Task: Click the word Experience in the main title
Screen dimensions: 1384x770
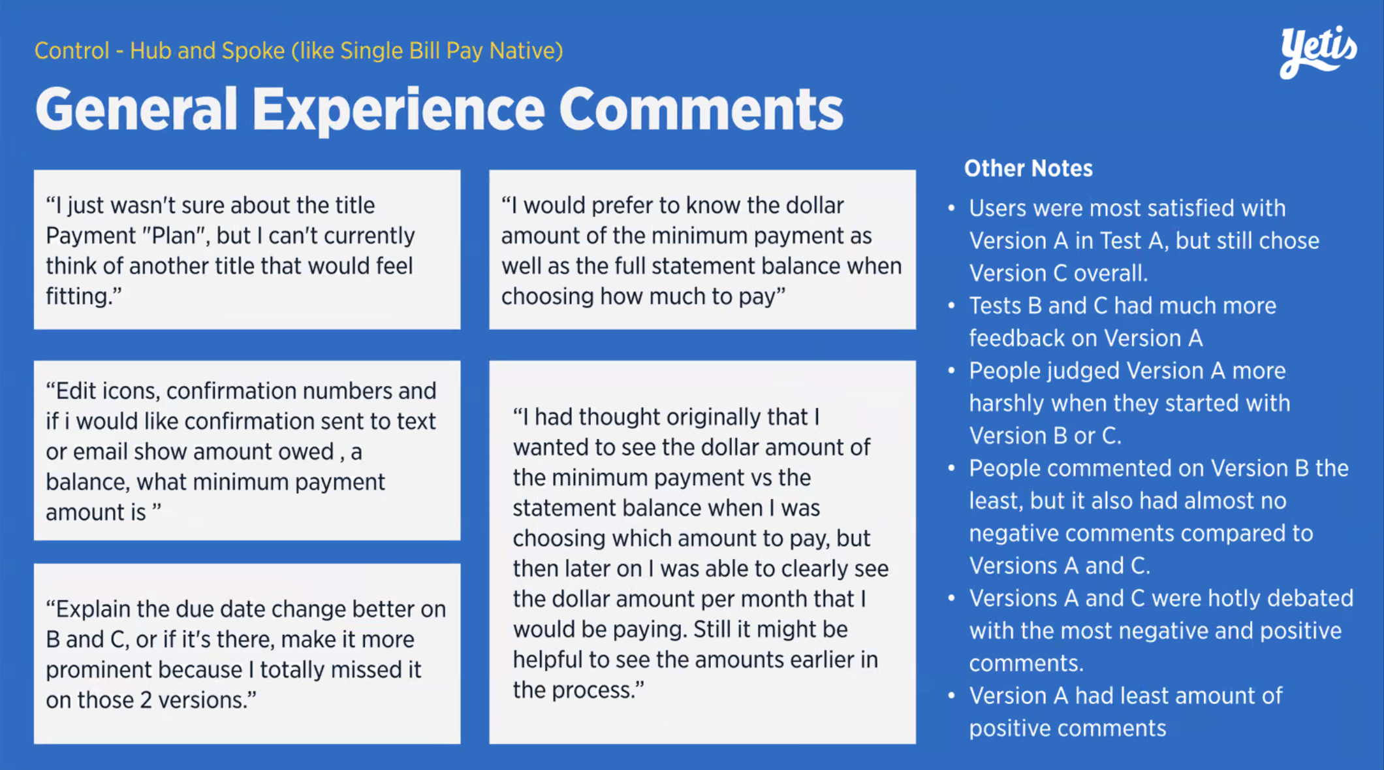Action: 398,110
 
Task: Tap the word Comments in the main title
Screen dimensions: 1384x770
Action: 701,109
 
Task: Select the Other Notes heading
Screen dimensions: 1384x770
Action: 1028,168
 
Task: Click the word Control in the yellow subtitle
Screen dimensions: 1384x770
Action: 72,51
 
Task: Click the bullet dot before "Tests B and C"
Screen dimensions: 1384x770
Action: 951,305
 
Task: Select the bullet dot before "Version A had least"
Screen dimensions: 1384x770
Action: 951,696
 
